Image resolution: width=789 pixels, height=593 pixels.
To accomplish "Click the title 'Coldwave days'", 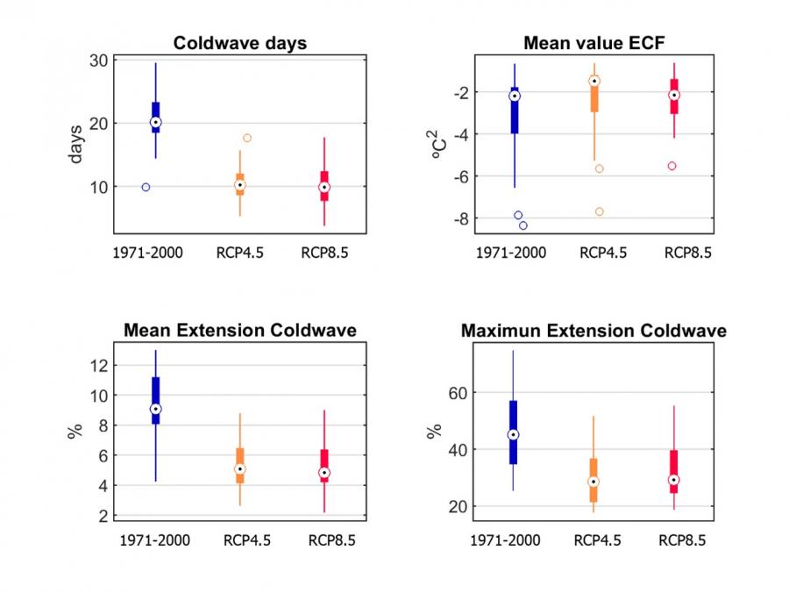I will click(x=239, y=43).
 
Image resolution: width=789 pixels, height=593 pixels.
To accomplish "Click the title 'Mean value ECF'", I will click(x=594, y=43).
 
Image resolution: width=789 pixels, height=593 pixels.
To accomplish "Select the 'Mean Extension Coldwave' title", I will click(x=239, y=331).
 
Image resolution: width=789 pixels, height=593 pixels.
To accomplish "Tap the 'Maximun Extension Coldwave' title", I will click(x=594, y=331).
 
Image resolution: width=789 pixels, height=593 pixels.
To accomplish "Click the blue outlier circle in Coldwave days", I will click(x=146, y=187).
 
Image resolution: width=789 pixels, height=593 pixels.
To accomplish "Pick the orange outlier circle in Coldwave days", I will click(x=247, y=138).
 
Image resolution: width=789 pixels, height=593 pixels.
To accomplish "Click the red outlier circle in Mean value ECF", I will click(x=672, y=166).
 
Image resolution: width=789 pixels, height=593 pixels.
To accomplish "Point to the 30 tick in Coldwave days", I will click(x=97, y=60).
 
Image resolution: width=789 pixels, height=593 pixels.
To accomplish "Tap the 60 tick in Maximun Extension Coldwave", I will click(x=457, y=392).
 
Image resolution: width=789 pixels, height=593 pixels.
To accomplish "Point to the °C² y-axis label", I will click(x=435, y=146).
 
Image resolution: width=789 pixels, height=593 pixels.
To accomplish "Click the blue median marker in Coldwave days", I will click(x=155, y=122).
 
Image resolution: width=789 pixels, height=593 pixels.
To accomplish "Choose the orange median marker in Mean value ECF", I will click(x=594, y=81).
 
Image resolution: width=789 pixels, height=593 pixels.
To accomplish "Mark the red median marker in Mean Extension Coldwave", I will click(x=324, y=472).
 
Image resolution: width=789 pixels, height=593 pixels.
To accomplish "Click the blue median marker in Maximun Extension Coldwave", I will click(x=513, y=434).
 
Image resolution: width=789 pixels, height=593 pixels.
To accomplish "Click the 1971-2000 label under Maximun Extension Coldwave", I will click(x=510, y=540).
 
